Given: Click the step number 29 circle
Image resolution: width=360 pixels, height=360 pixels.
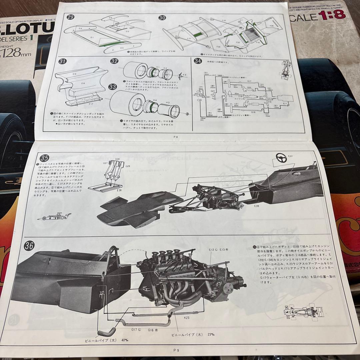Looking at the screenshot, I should pyautogui.click(x=71, y=18).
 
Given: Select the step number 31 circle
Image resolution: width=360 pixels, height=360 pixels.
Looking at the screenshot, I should pyautogui.click(x=63, y=61).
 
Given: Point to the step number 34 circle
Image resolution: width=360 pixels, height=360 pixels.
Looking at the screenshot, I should pyautogui.click(x=198, y=61).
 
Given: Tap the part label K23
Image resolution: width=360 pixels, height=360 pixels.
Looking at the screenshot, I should pyautogui.click(x=187, y=318).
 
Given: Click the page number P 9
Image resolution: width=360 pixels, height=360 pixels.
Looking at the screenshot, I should pyautogui.click(x=176, y=350).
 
